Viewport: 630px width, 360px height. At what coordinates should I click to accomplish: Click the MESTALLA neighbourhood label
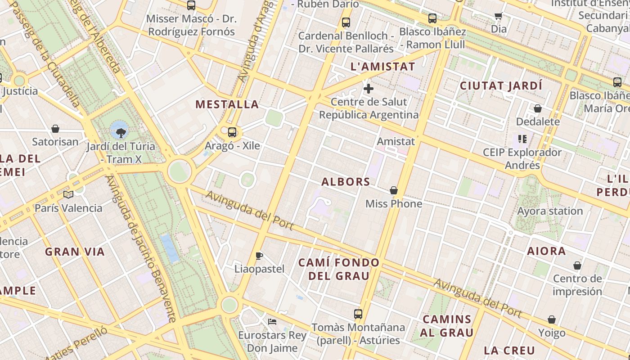[227, 104]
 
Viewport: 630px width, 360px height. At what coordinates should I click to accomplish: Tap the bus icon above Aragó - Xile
[232, 132]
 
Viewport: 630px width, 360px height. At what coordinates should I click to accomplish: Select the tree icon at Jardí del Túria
[120, 132]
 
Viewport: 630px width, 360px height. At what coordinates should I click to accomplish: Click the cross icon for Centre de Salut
[369, 89]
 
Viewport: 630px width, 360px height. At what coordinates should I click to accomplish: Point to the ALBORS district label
[346, 182]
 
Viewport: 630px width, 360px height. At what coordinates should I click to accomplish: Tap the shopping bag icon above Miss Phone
[394, 191]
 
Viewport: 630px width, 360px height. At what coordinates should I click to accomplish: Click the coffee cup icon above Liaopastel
[259, 256]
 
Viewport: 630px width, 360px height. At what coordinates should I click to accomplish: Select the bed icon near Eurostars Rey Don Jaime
[272, 322]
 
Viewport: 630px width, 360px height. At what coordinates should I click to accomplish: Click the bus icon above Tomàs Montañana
[358, 314]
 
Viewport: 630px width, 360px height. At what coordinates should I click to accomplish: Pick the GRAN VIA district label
[75, 252]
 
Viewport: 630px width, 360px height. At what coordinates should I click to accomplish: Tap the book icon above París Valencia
[68, 194]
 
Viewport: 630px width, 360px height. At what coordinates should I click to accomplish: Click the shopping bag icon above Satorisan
[55, 129]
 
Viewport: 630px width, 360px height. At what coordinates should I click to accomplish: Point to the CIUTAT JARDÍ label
[501, 85]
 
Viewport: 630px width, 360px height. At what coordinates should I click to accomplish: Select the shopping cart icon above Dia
[498, 16]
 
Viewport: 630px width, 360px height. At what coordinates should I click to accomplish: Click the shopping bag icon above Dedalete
[537, 108]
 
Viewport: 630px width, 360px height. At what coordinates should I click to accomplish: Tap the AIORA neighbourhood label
[546, 251]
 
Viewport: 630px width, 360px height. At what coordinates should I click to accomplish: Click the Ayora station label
[550, 211]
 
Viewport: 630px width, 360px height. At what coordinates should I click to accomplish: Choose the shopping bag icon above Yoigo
[552, 320]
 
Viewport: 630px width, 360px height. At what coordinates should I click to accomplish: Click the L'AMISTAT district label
[382, 67]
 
